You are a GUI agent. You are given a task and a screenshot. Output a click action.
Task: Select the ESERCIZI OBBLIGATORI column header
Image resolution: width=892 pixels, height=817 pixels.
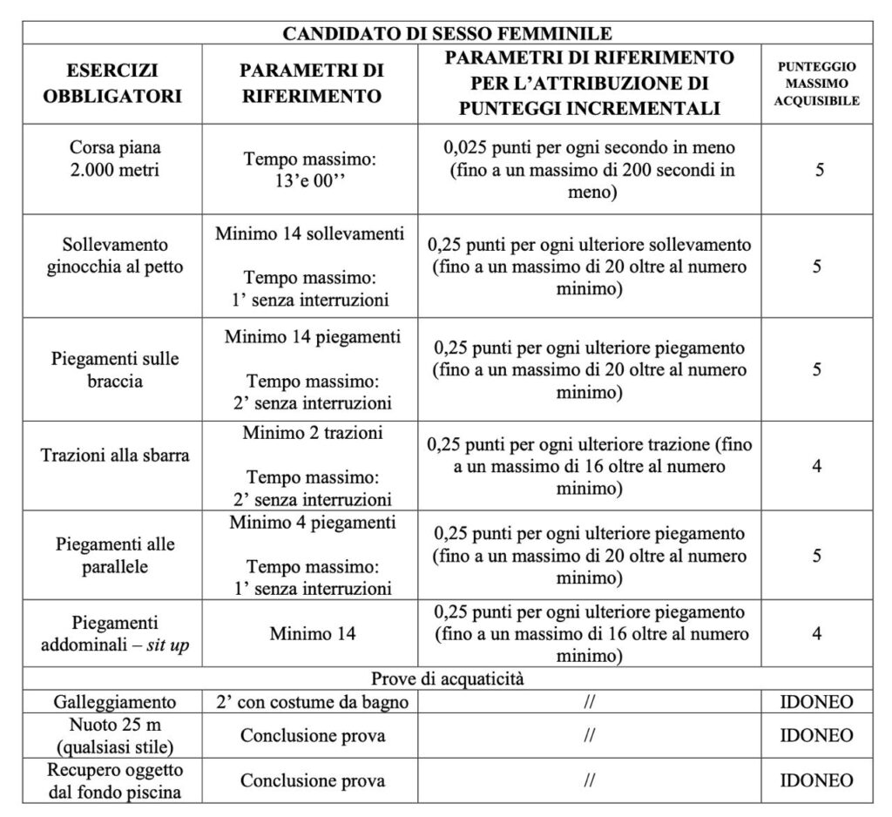coord(113,83)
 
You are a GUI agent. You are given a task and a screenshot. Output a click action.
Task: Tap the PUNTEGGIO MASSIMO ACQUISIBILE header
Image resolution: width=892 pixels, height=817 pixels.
coord(817,83)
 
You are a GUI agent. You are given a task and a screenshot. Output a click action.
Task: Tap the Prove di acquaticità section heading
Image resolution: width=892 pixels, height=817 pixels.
coord(447,678)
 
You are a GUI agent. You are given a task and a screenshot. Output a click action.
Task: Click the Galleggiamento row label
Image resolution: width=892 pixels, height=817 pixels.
coord(114,701)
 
